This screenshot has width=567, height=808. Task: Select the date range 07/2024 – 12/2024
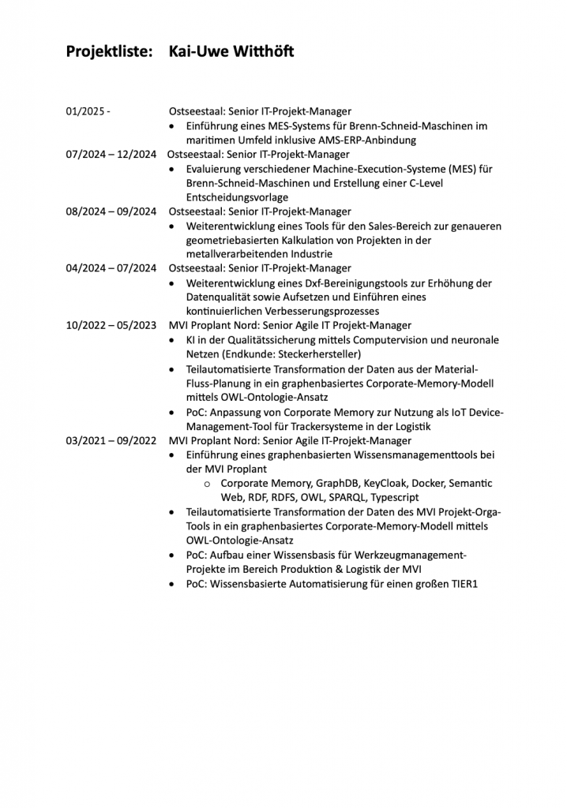point(111,155)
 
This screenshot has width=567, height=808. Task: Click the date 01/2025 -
point(88,112)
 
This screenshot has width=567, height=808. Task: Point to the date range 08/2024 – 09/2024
point(111,211)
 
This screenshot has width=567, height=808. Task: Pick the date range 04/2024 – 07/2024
point(111,268)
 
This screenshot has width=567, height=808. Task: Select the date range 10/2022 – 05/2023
point(111,325)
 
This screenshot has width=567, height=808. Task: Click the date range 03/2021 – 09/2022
point(111,440)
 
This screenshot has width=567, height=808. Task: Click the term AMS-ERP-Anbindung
point(368,140)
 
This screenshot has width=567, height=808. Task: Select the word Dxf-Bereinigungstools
point(351,283)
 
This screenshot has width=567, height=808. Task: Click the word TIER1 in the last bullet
point(462,584)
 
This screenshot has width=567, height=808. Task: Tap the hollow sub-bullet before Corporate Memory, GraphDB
point(207,484)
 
